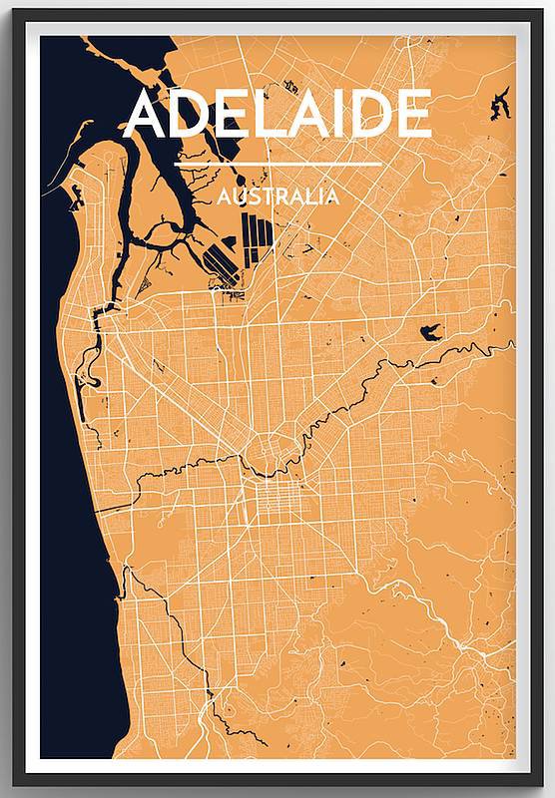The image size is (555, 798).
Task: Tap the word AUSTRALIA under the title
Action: tap(277, 197)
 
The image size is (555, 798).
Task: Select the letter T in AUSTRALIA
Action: tap(263, 197)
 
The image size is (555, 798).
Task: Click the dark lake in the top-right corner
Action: tap(497, 104)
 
